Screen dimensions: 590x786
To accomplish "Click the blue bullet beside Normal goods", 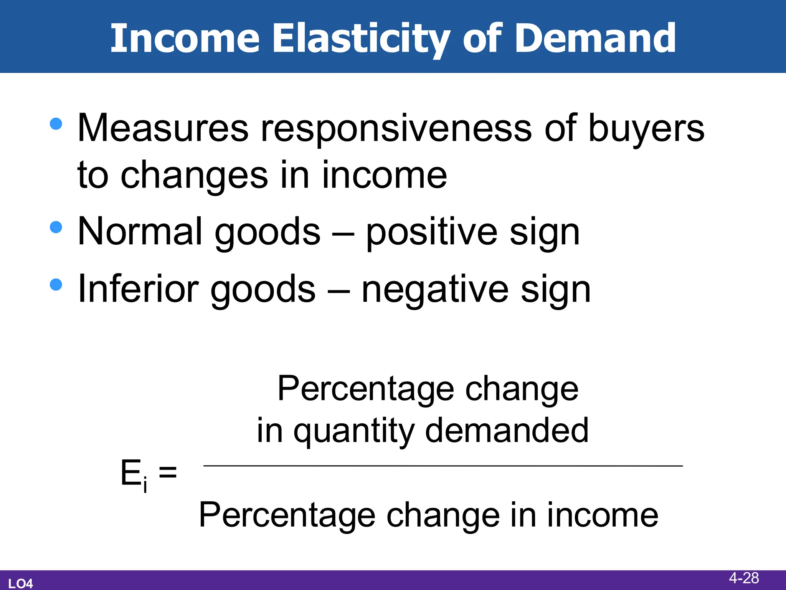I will (x=56, y=227).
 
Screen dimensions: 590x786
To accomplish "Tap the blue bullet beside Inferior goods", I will (x=56, y=285).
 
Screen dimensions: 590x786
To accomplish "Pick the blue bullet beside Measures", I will (x=56, y=124).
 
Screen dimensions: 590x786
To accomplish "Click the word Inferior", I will (x=138, y=288).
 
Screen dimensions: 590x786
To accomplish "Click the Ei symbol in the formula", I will (x=134, y=474).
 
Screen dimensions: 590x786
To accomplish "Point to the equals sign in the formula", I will (x=168, y=472).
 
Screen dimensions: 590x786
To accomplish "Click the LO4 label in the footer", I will (x=21, y=583).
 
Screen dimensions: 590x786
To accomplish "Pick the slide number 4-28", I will (x=744, y=578).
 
